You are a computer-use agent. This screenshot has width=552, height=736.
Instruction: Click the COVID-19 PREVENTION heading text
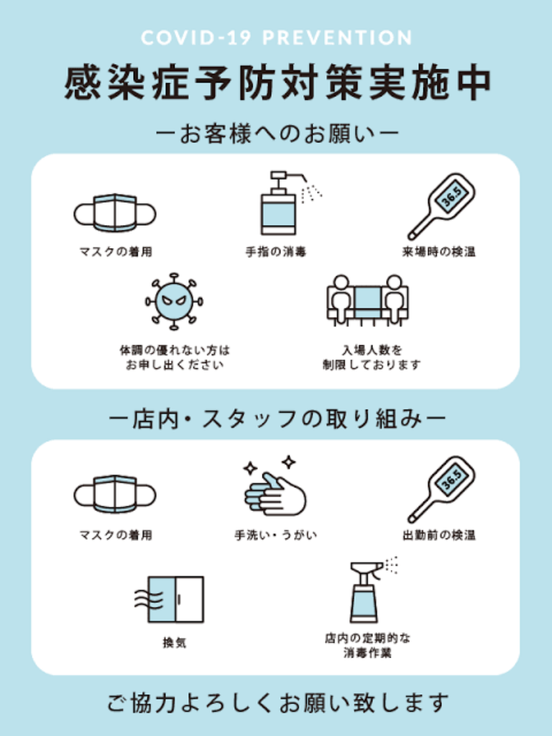click(x=276, y=38)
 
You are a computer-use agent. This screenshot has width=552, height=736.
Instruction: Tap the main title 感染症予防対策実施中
click(x=276, y=84)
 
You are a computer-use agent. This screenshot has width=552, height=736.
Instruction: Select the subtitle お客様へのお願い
click(x=276, y=133)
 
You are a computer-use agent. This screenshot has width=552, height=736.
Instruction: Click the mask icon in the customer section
click(x=115, y=213)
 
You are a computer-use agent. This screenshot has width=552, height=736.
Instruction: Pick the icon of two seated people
click(x=367, y=300)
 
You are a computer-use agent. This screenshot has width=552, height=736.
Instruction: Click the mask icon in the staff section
click(x=115, y=494)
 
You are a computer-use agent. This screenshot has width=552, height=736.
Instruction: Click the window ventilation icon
click(x=170, y=599)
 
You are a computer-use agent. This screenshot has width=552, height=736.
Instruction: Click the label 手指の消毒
click(x=275, y=252)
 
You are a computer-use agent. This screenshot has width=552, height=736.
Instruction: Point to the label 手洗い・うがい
click(x=275, y=535)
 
